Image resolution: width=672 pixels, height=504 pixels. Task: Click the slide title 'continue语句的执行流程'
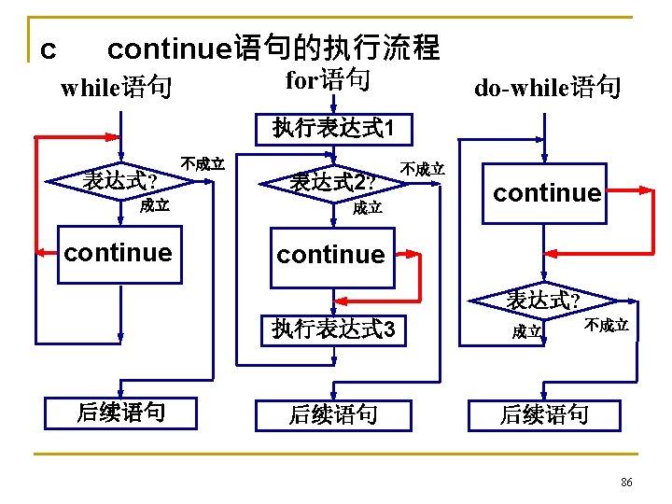point(273,48)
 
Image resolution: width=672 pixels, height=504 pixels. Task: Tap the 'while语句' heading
point(116,89)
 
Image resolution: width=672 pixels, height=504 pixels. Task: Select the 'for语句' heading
point(328,80)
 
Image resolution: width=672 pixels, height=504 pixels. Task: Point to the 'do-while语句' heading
point(547,89)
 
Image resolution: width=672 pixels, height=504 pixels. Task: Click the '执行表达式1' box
point(329,127)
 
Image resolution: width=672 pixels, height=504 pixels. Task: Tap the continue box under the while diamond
point(119,253)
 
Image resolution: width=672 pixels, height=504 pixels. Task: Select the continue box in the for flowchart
point(330,254)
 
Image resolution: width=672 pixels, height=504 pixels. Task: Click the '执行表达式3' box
point(333,329)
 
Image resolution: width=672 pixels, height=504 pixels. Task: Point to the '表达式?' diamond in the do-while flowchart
point(543,301)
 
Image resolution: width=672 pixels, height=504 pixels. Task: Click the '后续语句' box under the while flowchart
point(120,412)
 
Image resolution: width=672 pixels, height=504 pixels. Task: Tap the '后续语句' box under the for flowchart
point(332,413)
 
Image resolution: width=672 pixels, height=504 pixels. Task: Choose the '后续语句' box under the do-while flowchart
point(544,413)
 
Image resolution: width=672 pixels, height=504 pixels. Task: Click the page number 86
point(626,482)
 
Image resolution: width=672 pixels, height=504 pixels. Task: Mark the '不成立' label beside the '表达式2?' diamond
point(423,169)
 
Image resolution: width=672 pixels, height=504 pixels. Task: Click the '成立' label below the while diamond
point(154,206)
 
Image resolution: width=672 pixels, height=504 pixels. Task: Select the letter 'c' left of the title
point(49,48)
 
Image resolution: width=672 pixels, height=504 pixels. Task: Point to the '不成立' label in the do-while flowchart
point(607,326)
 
